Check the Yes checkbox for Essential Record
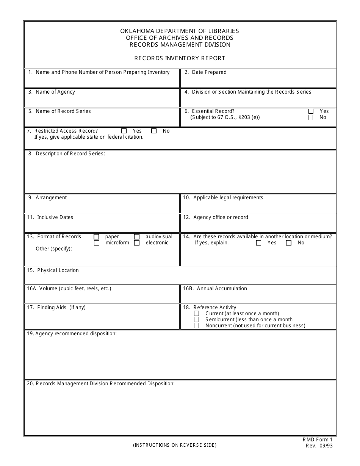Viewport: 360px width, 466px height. click(x=311, y=111)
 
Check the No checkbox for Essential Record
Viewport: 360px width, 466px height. click(x=311, y=117)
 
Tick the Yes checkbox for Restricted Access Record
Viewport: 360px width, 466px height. click(x=124, y=131)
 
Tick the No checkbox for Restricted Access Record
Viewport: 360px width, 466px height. click(x=154, y=131)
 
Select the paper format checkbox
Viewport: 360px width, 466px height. click(x=97, y=237)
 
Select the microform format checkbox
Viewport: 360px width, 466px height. click(x=97, y=243)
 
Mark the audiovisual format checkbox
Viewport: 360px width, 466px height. click(x=137, y=237)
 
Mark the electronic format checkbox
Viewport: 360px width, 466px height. click(x=137, y=243)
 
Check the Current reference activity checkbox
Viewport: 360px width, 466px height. click(x=196, y=314)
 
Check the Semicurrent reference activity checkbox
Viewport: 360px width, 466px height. click(x=196, y=320)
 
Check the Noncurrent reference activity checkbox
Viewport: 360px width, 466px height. click(x=196, y=326)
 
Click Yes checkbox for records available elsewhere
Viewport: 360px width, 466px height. click(x=259, y=243)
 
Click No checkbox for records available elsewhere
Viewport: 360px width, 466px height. click(x=289, y=243)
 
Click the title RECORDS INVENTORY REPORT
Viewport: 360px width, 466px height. click(x=180, y=58)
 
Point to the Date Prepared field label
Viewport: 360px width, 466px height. click(x=209, y=72)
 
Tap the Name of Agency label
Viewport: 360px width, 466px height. click(x=55, y=92)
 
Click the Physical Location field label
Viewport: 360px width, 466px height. click(x=58, y=271)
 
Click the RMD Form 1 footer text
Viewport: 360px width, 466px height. click(x=317, y=440)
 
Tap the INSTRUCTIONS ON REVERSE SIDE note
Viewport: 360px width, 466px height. click(x=175, y=446)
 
